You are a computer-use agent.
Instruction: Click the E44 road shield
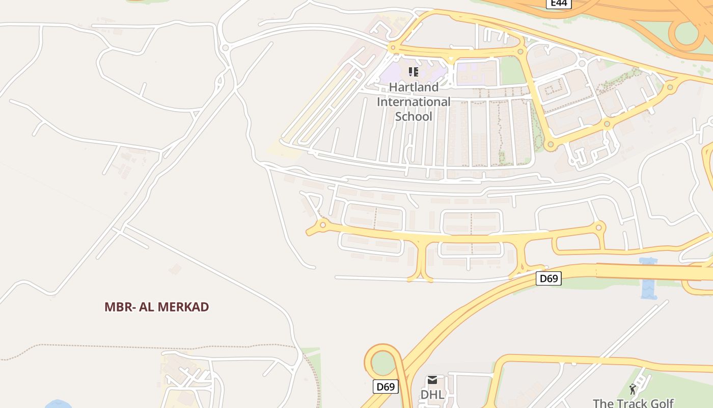tap(559, 4)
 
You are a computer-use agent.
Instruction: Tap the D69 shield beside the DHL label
tap(386, 387)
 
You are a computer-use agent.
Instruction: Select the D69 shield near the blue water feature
tap(549, 278)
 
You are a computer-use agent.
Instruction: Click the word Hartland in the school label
tap(414, 87)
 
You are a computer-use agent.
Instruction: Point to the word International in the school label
tap(414, 102)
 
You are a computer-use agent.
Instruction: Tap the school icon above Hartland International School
tap(414, 72)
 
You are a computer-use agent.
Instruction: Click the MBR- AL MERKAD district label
tap(157, 307)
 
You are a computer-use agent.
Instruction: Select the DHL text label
tap(432, 395)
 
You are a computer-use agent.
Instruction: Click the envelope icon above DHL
tap(432, 380)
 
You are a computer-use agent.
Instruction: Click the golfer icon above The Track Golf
tap(633, 390)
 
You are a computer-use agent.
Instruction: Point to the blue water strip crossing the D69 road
tap(648, 278)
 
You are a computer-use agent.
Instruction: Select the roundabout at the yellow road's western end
tap(322, 225)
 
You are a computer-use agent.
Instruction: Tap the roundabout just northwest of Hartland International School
tap(392, 48)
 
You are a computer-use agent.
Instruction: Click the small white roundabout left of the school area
tap(225, 48)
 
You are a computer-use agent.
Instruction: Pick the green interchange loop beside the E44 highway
tap(687, 33)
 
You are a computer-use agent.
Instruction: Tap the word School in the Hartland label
tap(414, 117)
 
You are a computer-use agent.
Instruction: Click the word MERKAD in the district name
tap(183, 307)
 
